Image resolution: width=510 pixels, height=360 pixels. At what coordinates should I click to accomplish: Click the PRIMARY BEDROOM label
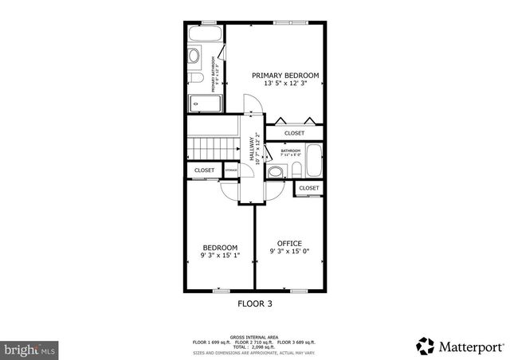tap(285, 76)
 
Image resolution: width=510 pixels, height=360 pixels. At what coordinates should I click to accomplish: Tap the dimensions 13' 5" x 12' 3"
tap(285, 84)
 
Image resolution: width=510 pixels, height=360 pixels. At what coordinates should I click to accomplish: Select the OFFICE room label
tap(289, 243)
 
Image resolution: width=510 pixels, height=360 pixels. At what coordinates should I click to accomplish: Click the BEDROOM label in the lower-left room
tap(219, 248)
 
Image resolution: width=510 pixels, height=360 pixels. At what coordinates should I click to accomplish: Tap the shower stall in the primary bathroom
tap(199, 103)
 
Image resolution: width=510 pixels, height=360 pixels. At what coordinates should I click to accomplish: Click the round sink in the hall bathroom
tap(276, 171)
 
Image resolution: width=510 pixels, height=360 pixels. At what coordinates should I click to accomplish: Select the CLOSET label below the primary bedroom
tap(294, 133)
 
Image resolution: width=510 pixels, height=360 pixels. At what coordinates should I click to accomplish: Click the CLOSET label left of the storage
tap(204, 170)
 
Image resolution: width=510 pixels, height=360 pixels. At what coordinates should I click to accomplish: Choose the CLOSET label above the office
tap(308, 188)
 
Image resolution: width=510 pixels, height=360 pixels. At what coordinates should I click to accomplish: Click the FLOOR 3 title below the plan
tap(255, 303)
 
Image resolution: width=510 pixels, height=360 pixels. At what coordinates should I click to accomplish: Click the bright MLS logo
tap(29, 349)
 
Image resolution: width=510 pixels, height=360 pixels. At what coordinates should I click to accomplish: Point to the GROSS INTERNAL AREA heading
tap(255, 337)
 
